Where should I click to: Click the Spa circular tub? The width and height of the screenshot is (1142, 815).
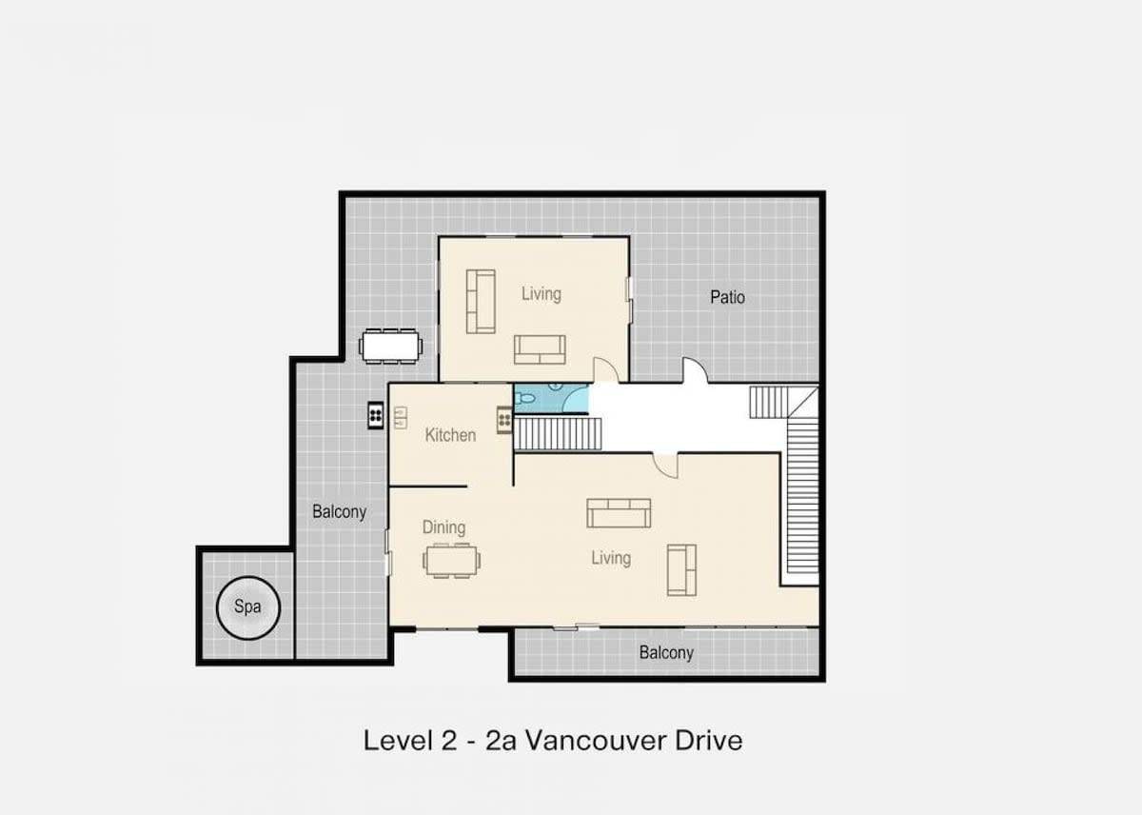[248, 608]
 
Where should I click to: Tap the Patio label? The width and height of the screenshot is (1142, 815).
[727, 297]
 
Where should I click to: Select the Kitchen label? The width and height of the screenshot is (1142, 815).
[450, 435]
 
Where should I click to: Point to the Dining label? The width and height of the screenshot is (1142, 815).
[443, 527]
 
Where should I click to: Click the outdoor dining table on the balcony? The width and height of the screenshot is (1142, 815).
[391, 347]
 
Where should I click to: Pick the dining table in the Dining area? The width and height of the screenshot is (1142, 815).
[452, 561]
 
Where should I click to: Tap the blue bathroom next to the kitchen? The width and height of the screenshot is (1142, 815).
[551, 398]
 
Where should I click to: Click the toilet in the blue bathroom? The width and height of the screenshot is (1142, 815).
[523, 398]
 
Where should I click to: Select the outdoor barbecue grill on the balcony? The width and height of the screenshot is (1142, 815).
[376, 415]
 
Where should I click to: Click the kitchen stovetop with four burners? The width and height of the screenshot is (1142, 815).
[504, 420]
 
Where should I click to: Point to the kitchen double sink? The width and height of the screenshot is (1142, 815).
[401, 417]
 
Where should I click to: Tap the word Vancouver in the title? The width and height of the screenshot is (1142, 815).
[595, 741]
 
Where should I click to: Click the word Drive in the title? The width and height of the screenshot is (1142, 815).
[709, 741]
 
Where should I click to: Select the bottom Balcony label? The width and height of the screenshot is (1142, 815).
[666, 653]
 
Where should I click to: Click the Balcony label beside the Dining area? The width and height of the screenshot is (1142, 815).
[340, 511]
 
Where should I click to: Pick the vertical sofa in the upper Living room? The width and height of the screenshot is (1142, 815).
[481, 302]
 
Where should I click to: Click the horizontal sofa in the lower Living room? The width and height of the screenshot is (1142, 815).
[619, 513]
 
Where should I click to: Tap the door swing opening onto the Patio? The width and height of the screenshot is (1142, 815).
[695, 369]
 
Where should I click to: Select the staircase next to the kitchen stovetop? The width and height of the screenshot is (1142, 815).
[558, 434]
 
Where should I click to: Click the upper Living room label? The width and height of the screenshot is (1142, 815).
[541, 294]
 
